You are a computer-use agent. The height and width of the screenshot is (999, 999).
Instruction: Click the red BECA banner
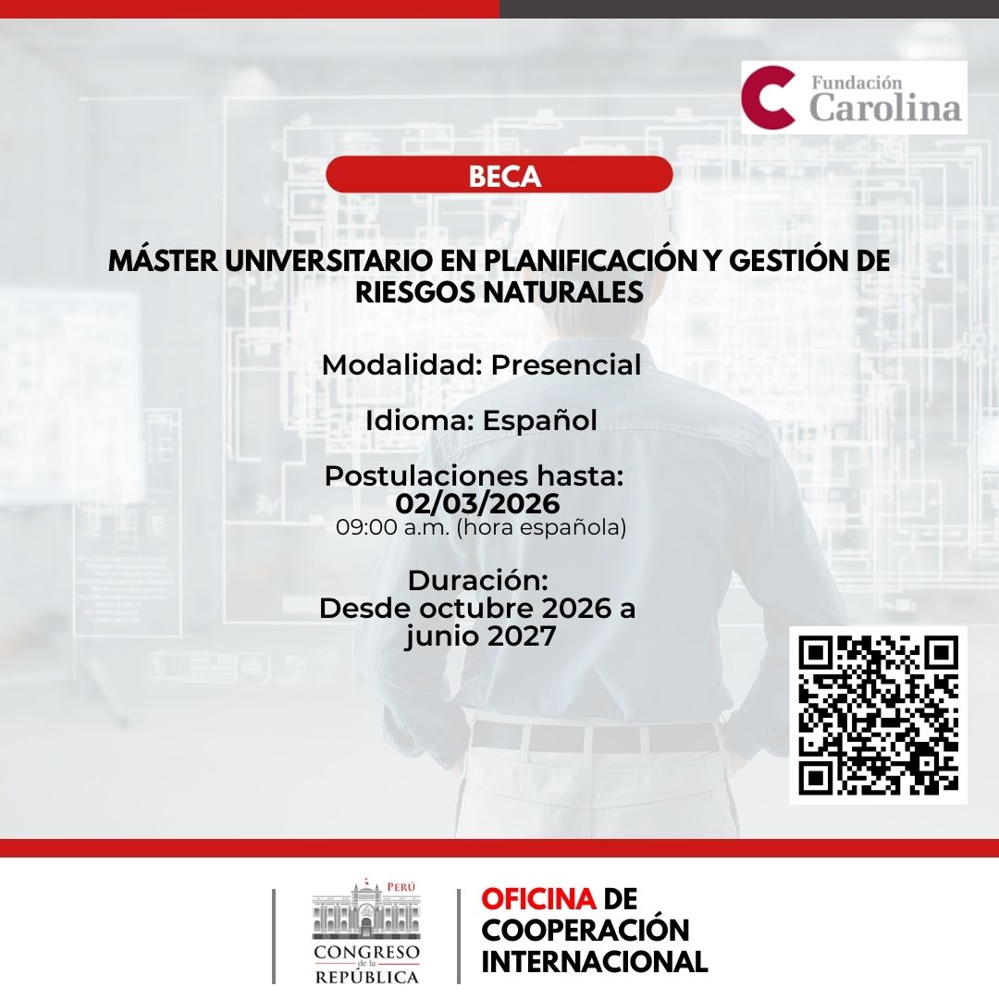coord(499,175)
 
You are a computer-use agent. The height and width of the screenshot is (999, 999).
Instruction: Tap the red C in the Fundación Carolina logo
coord(769,97)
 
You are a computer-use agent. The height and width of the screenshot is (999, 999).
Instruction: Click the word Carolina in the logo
coord(885,107)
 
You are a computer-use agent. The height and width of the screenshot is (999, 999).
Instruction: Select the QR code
coord(878,715)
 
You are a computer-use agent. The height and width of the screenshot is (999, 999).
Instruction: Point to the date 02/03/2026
coord(477,503)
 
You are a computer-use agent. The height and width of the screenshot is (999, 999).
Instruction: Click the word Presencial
coord(565,364)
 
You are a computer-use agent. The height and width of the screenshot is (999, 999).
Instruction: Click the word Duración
coord(477,581)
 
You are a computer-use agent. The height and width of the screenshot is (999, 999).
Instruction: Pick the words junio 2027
coord(479,636)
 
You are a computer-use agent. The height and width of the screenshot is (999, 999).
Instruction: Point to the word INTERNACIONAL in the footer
coord(594,961)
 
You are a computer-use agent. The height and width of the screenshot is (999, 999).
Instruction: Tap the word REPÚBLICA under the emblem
coord(366,977)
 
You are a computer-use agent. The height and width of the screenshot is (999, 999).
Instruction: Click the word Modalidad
coord(401,364)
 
